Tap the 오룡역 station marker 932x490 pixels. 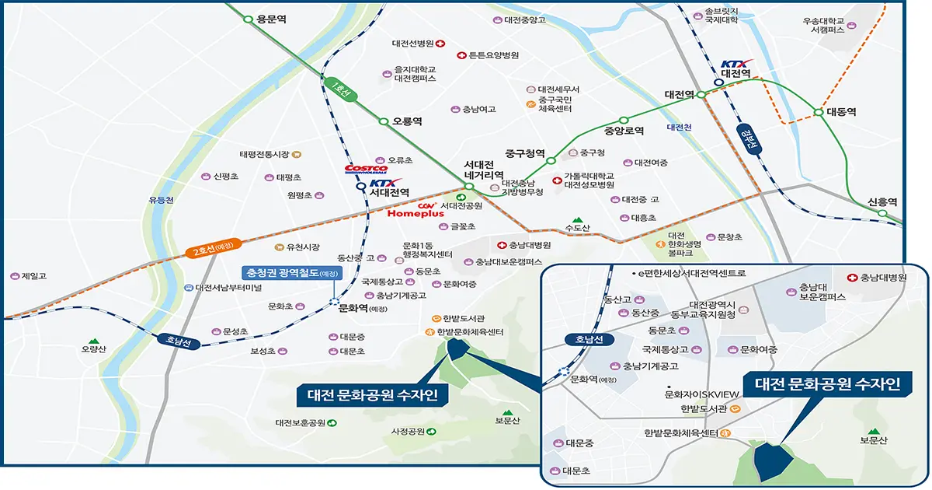tap(383, 121)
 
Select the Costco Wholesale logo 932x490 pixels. tap(366, 169)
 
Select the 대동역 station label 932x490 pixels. tap(840, 112)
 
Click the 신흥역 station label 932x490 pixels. tap(882, 201)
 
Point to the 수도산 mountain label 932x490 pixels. tap(579, 228)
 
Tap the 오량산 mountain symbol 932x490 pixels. tap(93, 341)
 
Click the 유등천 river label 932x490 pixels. tap(162, 200)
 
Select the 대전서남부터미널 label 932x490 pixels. tap(229, 288)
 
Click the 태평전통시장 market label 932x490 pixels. tap(264, 155)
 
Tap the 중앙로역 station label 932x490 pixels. tap(624, 131)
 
